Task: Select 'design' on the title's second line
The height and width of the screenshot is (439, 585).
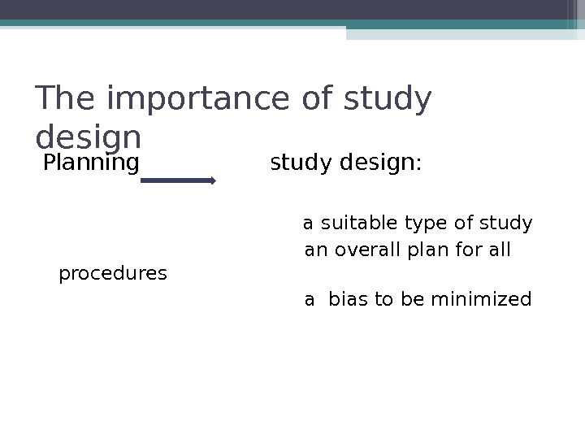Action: point(89,135)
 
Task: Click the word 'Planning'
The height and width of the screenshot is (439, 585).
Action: point(91,163)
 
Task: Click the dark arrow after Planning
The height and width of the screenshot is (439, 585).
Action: point(178,181)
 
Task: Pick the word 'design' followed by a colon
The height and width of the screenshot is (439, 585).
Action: point(377,163)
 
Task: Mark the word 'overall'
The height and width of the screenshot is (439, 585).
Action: point(366,250)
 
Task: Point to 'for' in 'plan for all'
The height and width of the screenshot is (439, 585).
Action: point(467,250)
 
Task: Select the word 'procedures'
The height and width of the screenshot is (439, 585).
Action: point(113,274)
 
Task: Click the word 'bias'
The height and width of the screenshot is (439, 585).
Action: point(348,300)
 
